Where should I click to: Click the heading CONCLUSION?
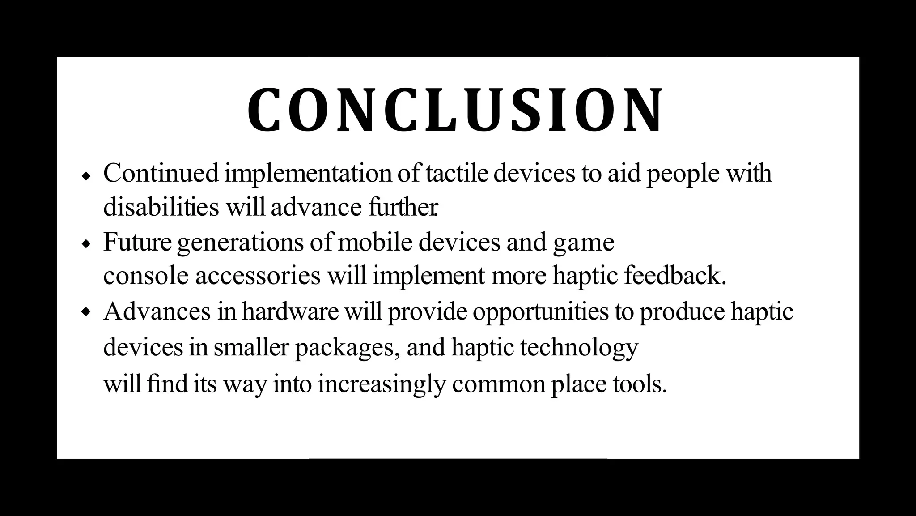[x=455, y=111]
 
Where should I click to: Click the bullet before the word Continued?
[x=86, y=175]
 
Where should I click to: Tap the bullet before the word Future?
[x=86, y=244]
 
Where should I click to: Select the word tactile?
[x=456, y=174]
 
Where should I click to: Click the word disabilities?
[x=161, y=207]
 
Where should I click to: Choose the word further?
[x=403, y=207]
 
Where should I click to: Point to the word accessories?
[x=258, y=276]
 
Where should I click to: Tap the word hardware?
[x=290, y=311]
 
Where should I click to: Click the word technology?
[x=579, y=348]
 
